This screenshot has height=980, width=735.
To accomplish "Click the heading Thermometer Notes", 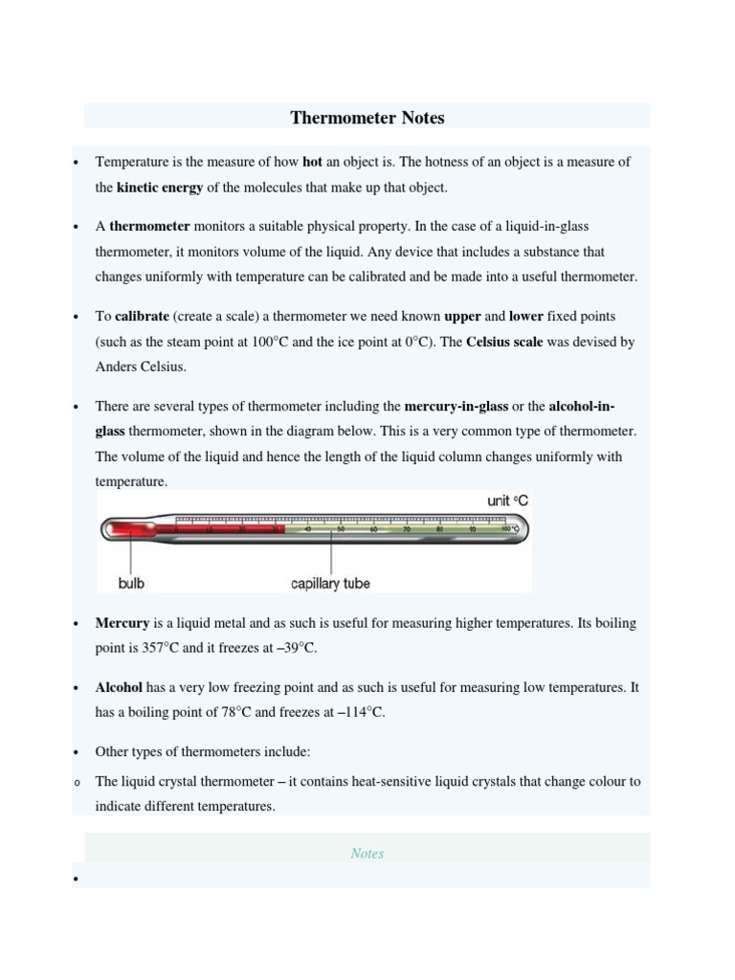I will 367,118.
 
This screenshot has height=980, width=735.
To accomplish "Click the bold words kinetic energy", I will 160,188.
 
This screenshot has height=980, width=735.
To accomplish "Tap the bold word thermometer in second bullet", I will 149,226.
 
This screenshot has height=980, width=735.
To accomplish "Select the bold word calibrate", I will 142,316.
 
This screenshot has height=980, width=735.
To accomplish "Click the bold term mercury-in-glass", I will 457,406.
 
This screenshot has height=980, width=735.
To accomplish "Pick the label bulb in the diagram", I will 131,583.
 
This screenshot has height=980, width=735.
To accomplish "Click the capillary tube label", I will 330,583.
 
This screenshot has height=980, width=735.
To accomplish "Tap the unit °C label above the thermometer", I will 507,501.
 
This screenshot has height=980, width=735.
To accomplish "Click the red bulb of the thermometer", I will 122,528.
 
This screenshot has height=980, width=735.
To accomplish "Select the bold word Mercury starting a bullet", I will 122,623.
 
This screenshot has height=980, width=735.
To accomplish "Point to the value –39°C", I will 296,648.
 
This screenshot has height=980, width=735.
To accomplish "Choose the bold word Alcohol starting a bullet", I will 119,687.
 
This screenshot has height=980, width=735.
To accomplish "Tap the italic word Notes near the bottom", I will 367,854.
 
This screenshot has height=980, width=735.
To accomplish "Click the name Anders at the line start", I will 116,367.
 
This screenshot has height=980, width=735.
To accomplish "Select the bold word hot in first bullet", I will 312,162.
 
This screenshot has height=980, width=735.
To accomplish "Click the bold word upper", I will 463,316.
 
